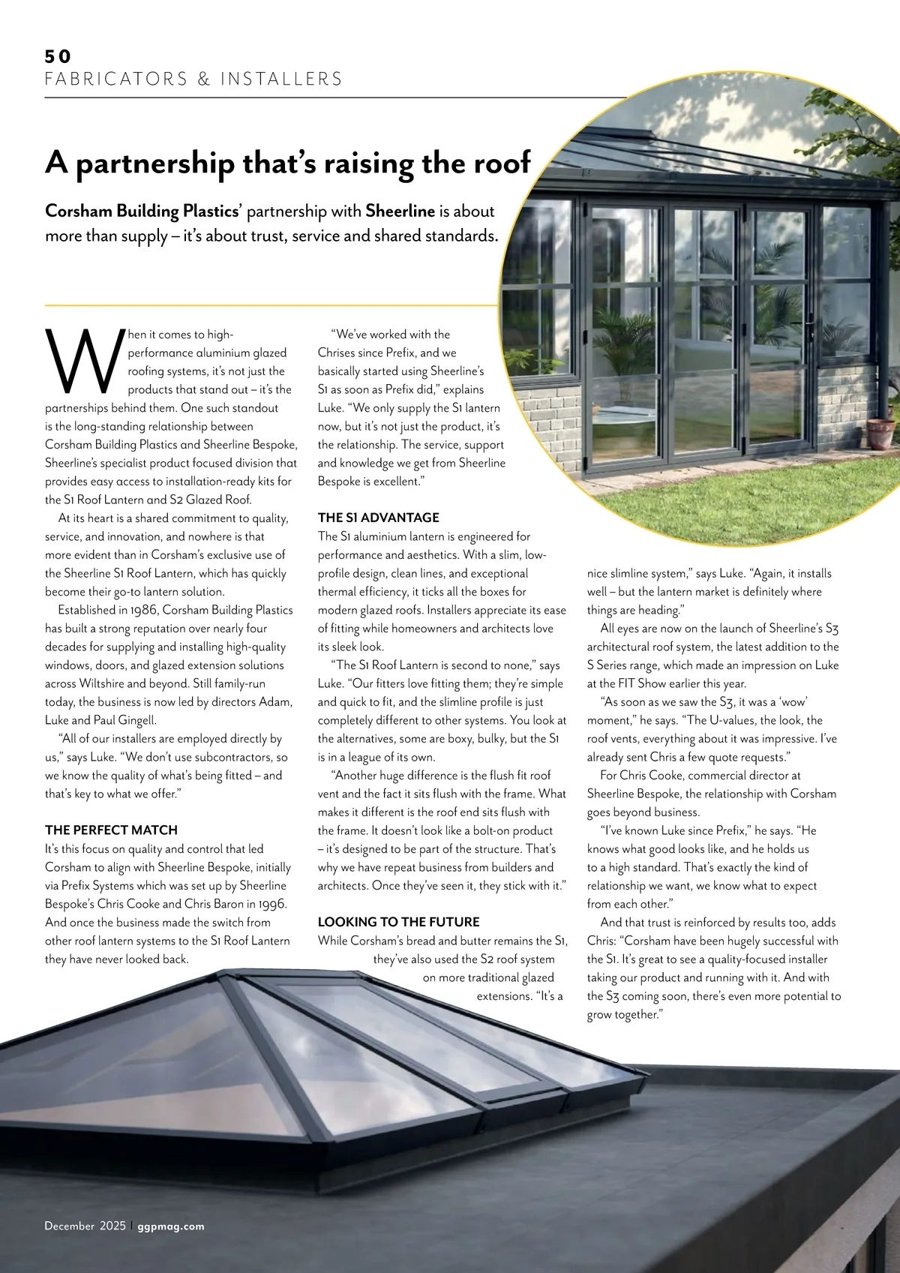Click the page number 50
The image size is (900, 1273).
(58, 56)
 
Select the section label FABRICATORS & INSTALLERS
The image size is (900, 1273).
(193, 79)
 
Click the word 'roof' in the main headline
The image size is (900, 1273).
(500, 162)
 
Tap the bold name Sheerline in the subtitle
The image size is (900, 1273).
(400, 212)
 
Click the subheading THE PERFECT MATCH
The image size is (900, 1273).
(111, 830)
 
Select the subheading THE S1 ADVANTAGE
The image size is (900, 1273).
(378, 518)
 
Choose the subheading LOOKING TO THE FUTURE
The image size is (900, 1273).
(398, 922)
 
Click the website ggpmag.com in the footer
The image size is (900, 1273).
(171, 1226)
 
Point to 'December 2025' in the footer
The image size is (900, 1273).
(85, 1226)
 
